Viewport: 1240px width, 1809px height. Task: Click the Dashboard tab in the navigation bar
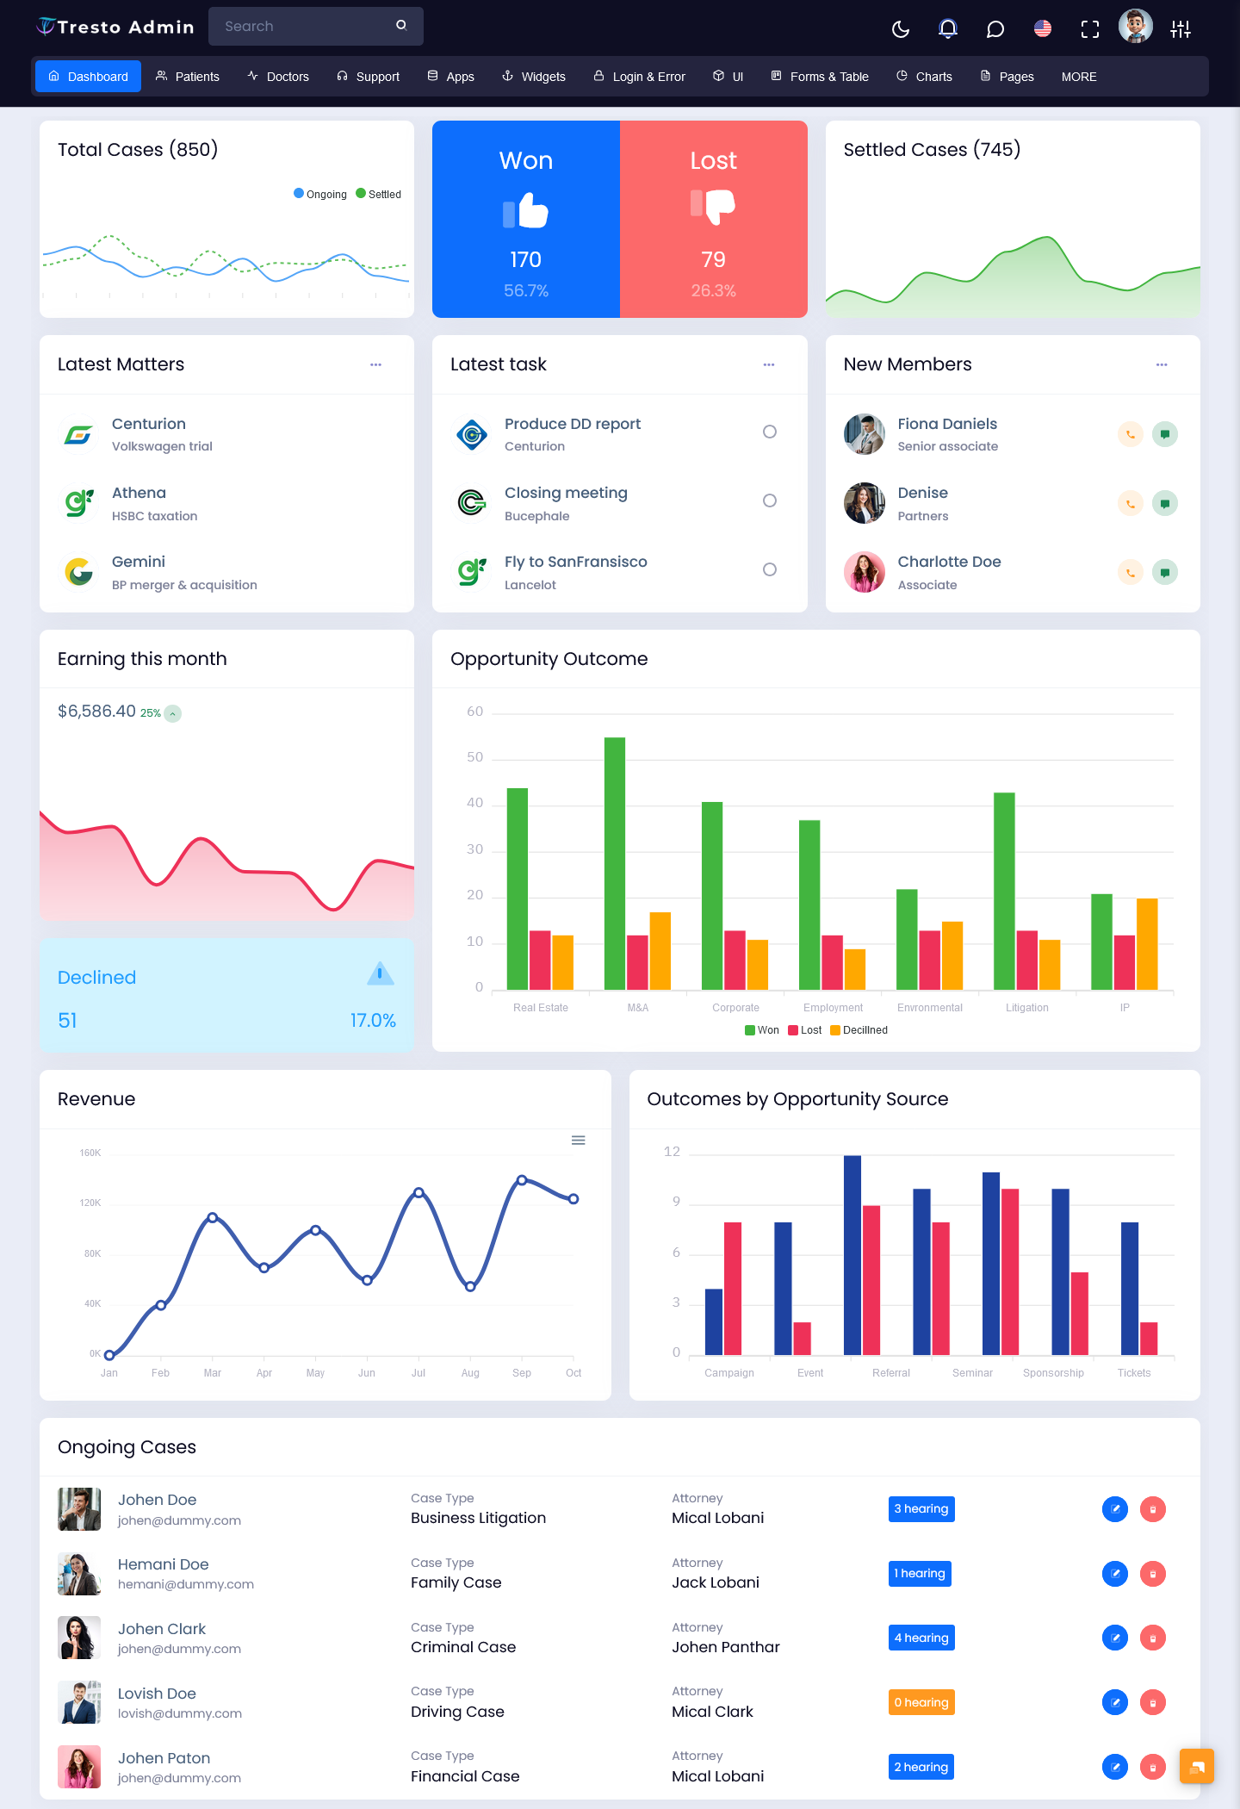[x=88, y=77]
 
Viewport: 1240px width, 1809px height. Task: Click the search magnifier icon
[x=401, y=26]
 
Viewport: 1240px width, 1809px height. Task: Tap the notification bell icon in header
[x=948, y=29]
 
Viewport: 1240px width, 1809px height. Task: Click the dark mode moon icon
[x=901, y=29]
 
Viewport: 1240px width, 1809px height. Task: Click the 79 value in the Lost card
[x=713, y=259]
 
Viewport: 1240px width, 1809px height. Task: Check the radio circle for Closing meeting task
[x=770, y=500]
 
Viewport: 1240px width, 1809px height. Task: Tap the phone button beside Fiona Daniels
[x=1131, y=434]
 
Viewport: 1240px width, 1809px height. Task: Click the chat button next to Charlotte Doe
[x=1165, y=572]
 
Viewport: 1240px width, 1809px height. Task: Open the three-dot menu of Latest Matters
[x=375, y=364]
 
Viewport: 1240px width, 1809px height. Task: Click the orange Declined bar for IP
[x=1147, y=944]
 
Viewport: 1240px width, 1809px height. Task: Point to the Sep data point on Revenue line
[x=522, y=1180]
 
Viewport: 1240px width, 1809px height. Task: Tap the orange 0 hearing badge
[x=921, y=1702]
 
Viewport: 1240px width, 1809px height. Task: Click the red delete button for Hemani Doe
[x=1153, y=1574]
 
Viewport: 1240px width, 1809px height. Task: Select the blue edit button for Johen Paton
[x=1115, y=1767]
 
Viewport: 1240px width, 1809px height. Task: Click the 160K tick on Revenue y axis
[x=90, y=1153]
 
